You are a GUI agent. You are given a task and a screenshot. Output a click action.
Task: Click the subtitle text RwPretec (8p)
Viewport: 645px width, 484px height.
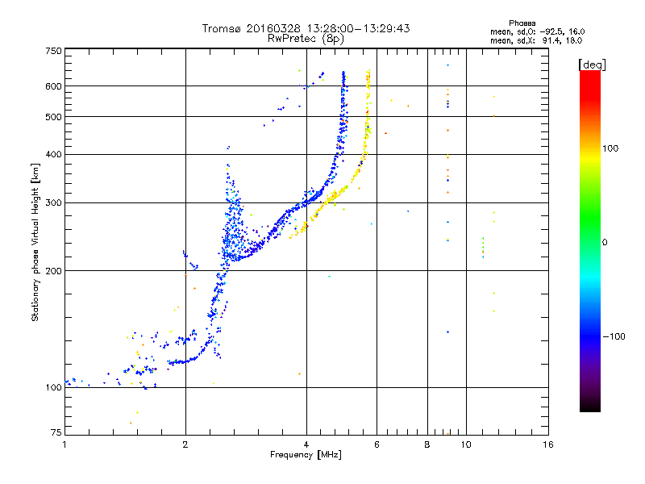pyautogui.click(x=306, y=39)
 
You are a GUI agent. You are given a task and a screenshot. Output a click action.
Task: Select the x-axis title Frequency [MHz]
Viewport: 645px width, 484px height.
pyautogui.click(x=306, y=455)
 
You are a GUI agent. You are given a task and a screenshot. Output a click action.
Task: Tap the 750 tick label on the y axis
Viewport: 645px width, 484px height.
pyautogui.click(x=53, y=51)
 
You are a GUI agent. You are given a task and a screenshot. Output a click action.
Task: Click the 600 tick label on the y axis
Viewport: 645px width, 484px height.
pyautogui.click(x=53, y=86)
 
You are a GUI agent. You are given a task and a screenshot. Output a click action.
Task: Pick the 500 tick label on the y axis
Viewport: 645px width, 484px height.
pyautogui.click(x=53, y=117)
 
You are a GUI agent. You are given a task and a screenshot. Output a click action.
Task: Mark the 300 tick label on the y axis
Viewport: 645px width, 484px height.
pyautogui.click(x=53, y=202)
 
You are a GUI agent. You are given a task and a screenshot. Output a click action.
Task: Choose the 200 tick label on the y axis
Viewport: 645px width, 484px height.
pyautogui.click(x=53, y=270)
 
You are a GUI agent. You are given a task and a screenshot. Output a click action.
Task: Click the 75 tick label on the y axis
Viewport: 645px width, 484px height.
pyautogui.click(x=56, y=432)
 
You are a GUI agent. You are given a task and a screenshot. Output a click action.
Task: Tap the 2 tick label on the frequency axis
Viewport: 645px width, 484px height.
pyautogui.click(x=185, y=444)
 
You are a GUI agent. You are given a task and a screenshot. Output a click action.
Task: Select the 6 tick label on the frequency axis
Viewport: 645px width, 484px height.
pyautogui.click(x=377, y=444)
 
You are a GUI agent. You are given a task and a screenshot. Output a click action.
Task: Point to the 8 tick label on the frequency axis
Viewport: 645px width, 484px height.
pyautogui.click(x=427, y=444)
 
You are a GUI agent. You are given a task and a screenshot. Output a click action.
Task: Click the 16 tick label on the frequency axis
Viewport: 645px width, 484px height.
pyautogui.click(x=548, y=444)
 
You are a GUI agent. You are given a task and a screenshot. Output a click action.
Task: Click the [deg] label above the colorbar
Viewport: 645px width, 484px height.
pyautogui.click(x=592, y=65)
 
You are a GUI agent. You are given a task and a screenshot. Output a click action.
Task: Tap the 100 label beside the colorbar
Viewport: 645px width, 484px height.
pyautogui.click(x=610, y=148)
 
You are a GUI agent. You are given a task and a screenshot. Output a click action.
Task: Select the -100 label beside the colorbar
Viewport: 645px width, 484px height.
pyautogui.click(x=614, y=336)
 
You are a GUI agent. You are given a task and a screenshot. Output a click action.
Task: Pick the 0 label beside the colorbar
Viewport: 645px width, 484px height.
pyautogui.click(x=605, y=242)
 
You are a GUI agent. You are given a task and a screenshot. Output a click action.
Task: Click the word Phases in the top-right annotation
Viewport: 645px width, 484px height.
pyautogui.click(x=522, y=23)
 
